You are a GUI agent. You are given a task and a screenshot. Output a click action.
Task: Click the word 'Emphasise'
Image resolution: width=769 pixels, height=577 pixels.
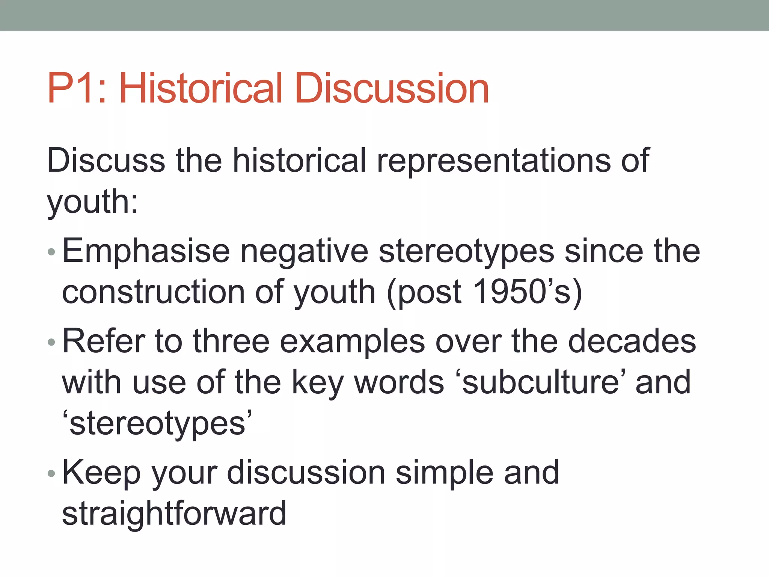tap(146, 251)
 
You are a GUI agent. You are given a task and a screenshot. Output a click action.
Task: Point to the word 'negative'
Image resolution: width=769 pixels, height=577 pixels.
tap(304, 251)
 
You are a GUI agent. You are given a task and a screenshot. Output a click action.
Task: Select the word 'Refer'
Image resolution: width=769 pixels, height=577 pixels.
tap(104, 341)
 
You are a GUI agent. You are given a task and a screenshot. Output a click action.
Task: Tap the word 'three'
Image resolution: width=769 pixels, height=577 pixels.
tap(231, 341)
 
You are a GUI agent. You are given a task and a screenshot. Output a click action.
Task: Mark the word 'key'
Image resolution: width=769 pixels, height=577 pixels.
tap(318, 383)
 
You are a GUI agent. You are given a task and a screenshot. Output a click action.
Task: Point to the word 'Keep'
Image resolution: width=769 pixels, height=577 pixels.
tap(101, 473)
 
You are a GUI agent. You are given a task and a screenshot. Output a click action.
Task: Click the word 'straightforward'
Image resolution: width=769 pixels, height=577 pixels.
tap(174, 514)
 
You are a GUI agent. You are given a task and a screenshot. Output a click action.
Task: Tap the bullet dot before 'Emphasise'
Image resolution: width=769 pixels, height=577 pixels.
tap(51, 252)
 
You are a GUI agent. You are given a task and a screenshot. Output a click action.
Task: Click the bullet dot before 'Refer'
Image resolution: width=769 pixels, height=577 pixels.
tap(51, 342)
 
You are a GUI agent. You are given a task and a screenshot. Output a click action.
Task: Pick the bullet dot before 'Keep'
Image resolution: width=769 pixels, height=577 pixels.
tap(51, 473)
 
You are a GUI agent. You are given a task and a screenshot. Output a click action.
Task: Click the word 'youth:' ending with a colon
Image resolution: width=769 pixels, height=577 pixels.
tap(92, 202)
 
